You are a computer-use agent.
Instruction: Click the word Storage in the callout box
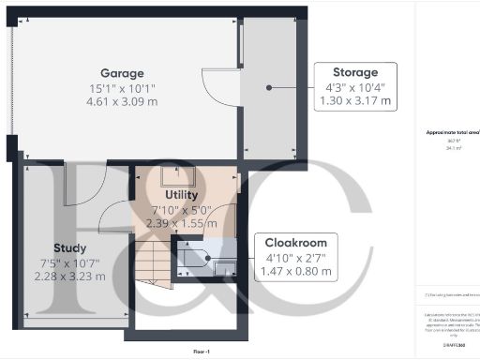tap(355, 72)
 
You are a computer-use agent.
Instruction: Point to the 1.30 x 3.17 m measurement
tap(355, 100)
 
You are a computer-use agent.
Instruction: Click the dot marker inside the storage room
tap(269, 86)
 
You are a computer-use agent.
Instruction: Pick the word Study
tap(70, 248)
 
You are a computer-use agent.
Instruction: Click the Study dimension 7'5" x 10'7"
tap(70, 262)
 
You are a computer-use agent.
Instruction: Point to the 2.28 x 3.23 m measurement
tap(70, 277)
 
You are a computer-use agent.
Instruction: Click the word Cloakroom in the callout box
tap(297, 242)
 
